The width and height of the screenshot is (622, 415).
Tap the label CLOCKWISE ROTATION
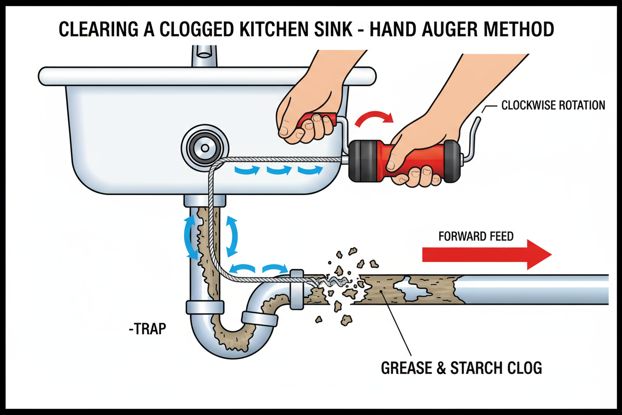point(553,105)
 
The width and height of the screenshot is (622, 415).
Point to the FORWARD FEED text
point(476,236)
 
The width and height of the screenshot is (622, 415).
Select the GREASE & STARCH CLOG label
point(461,368)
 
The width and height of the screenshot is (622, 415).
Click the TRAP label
point(148,329)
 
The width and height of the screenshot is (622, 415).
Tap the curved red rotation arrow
point(374,118)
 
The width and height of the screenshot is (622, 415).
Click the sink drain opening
point(205,148)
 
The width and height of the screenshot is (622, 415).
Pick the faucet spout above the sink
point(204,55)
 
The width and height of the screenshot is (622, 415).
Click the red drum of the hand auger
point(404,161)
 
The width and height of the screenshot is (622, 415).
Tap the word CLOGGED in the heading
point(196,29)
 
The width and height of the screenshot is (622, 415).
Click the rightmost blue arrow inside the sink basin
point(311,169)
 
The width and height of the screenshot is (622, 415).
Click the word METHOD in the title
point(518,29)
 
